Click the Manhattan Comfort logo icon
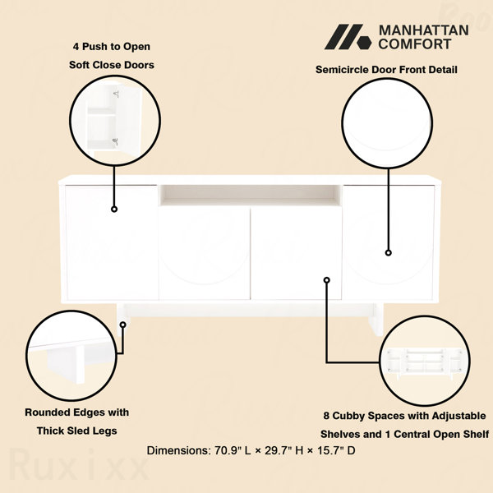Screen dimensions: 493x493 pyautogui.click(x=348, y=37)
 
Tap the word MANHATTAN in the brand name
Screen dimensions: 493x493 pyautogui.click(x=423, y=30)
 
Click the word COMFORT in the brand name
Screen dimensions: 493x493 pyautogui.click(x=415, y=44)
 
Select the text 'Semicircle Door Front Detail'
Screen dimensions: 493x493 pyautogui.click(x=386, y=70)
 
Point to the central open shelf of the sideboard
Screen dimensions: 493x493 pyautogui.click(x=251, y=196)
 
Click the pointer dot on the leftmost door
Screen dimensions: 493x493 pyautogui.click(x=114, y=209)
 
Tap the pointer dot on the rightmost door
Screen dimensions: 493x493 pyautogui.click(x=389, y=253)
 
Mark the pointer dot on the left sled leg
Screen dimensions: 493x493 pyautogui.click(x=123, y=325)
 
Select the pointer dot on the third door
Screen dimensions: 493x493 pyautogui.click(x=327, y=280)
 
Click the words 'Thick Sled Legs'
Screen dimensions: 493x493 pyautogui.click(x=76, y=431)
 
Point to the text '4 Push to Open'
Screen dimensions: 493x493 pyautogui.click(x=112, y=47)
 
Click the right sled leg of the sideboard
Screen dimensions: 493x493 pyautogui.click(x=376, y=319)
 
